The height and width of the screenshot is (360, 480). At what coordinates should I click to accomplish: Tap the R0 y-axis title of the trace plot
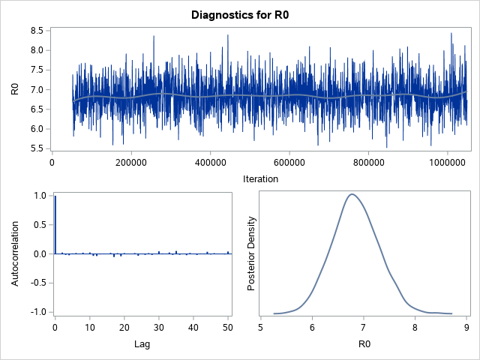tap(14, 89)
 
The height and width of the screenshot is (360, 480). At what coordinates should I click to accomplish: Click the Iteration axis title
tap(260, 179)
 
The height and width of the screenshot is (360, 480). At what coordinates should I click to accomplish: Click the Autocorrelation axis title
tap(14, 253)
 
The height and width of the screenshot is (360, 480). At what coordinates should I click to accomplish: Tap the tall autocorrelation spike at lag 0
tap(55, 225)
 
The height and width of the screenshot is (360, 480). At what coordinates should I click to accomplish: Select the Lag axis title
tap(142, 344)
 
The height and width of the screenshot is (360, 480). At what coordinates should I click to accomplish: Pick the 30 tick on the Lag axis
tap(159, 328)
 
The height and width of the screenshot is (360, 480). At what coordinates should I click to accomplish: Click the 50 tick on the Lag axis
tap(228, 328)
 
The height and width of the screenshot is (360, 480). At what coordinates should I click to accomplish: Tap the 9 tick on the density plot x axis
tap(466, 328)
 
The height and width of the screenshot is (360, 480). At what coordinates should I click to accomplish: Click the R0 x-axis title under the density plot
tap(363, 344)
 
